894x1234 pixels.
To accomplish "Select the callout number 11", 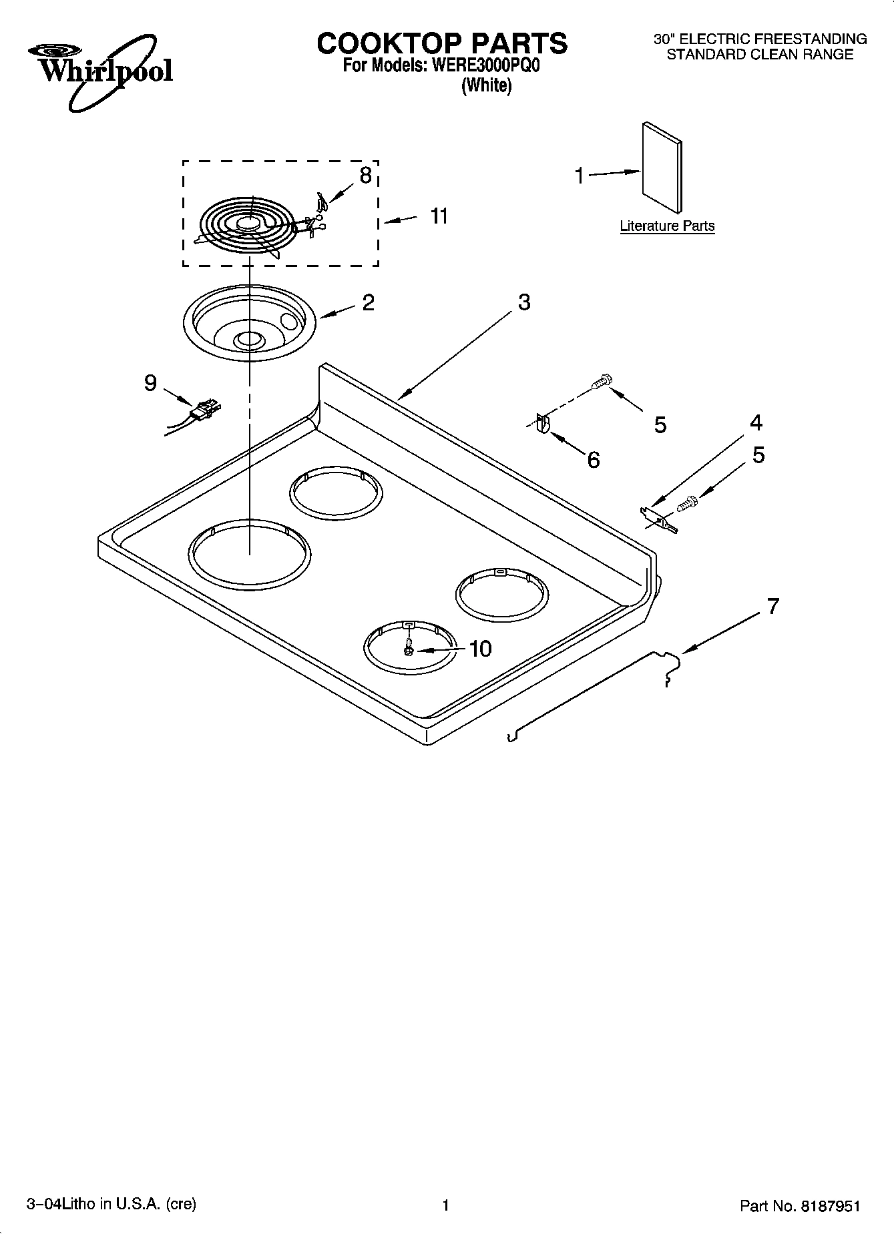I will [439, 216].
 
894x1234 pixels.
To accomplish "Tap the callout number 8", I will [365, 176].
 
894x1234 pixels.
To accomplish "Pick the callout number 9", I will [151, 383].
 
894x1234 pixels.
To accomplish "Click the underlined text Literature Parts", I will [667, 226].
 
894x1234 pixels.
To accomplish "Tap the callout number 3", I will [524, 302].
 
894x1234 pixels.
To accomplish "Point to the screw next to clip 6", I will [601, 383].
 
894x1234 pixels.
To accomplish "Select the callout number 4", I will [756, 422].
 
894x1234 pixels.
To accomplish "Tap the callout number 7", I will [772, 607].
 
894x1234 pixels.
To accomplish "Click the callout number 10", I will [480, 649].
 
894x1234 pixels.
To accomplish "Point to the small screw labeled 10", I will [408, 647].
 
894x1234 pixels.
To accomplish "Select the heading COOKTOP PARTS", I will [442, 43].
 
